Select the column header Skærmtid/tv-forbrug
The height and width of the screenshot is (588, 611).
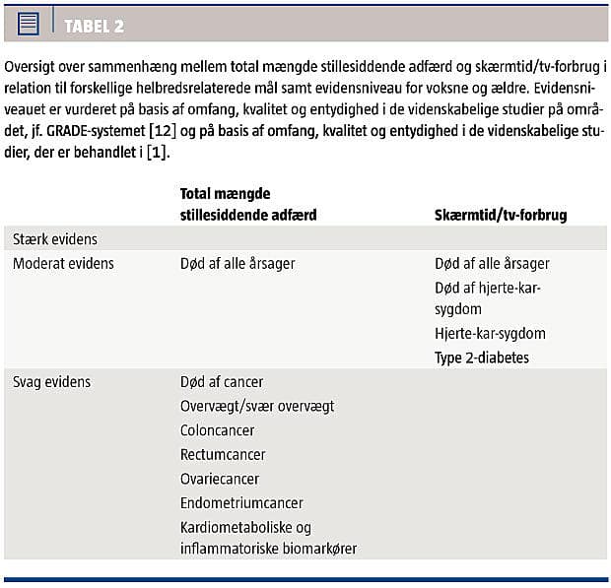coord(501,215)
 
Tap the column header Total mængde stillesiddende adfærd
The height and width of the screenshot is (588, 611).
coord(247,204)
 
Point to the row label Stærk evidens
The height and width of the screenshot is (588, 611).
coord(55,239)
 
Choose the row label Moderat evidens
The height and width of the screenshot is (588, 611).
coord(63,264)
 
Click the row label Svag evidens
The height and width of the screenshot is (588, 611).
coord(54,381)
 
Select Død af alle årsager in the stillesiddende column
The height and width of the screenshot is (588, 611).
coord(238,264)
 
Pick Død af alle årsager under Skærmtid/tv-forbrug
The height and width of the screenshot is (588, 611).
coord(492,264)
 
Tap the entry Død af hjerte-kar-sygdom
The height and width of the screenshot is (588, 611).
coord(487,298)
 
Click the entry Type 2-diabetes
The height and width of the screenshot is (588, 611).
coord(482,358)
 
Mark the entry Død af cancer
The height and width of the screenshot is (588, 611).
coord(222,381)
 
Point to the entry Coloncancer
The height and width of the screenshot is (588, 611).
coord(218,430)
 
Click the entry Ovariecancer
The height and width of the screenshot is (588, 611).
coord(220,479)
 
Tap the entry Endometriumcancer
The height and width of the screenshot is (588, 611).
coord(241,503)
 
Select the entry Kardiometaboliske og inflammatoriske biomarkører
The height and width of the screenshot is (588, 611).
coord(268,538)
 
